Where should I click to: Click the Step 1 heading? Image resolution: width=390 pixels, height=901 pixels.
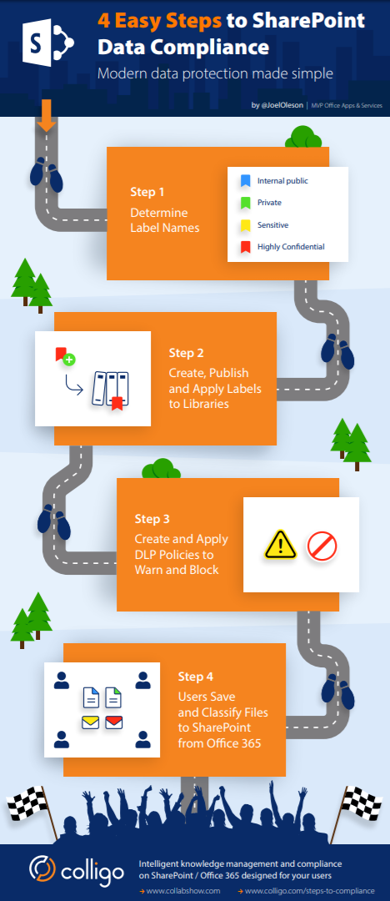click(x=147, y=192)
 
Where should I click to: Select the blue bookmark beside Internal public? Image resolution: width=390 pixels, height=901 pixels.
click(x=245, y=180)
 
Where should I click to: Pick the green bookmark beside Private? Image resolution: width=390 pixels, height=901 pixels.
click(x=245, y=202)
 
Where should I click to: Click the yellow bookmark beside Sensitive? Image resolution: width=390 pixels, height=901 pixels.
click(x=245, y=224)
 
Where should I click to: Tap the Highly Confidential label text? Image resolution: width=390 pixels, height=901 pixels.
click(x=291, y=246)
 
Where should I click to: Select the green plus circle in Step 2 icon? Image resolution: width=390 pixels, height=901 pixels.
click(x=69, y=360)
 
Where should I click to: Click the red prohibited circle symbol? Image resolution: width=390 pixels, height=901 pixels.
click(x=321, y=546)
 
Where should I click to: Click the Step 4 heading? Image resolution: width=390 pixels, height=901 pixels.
click(x=196, y=676)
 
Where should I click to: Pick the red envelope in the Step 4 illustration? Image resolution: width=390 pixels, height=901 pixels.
click(x=114, y=721)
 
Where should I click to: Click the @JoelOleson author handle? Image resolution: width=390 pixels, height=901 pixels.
click(x=282, y=105)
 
